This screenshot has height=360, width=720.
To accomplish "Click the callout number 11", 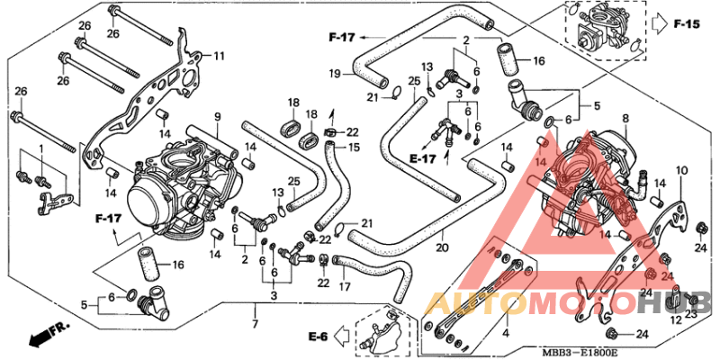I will [219, 56].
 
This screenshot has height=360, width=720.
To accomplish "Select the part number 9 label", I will [217, 117].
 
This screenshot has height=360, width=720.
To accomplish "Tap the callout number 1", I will [40, 147].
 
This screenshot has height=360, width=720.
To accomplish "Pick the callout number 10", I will [681, 170].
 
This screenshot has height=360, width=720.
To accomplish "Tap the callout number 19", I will [334, 73].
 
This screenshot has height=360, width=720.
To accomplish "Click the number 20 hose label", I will [442, 248].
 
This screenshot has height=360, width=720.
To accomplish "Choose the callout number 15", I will [354, 148].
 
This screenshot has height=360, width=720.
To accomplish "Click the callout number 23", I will [691, 314].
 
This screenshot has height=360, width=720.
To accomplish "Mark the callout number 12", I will [675, 320].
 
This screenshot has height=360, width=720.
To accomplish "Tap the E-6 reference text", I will [316, 337].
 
